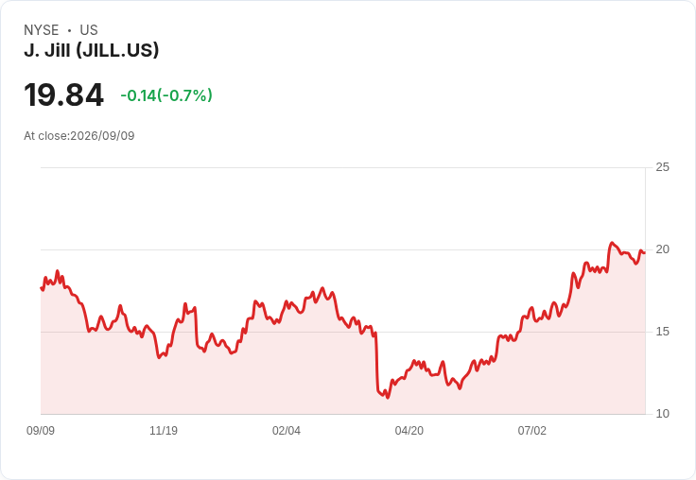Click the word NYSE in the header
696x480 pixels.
tap(42, 30)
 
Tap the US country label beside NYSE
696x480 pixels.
tap(89, 30)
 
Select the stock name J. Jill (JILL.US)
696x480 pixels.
tap(92, 50)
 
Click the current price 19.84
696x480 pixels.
tap(64, 94)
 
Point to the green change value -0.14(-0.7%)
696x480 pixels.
tap(166, 95)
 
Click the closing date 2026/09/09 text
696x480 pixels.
tap(102, 136)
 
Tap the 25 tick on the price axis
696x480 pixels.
tap(662, 167)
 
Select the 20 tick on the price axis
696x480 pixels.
tap(662, 249)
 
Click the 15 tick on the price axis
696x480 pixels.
tap(662, 332)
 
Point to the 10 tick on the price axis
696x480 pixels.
tap(662, 414)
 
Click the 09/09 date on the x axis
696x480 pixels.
tap(41, 430)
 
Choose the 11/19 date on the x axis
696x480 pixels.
tap(164, 430)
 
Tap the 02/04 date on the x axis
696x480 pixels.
tap(287, 430)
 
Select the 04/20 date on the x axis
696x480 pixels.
tap(409, 430)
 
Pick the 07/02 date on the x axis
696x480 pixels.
tap(531, 430)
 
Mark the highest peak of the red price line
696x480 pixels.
tap(612, 243)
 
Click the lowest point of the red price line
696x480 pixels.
tap(388, 398)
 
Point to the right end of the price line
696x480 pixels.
tap(645, 253)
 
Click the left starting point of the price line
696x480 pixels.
tap(41, 288)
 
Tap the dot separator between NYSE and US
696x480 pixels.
tap(69, 30)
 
